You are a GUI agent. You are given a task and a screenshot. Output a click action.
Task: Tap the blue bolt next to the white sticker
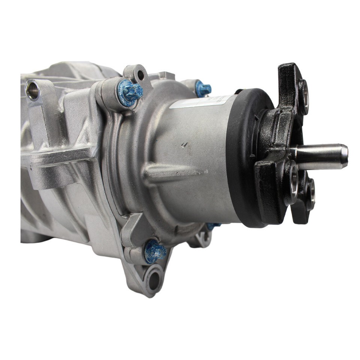(x=203, y=89)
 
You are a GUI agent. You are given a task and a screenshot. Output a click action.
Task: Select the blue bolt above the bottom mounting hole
(x=155, y=252)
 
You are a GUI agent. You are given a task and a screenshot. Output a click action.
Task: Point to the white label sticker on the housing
(x=202, y=101)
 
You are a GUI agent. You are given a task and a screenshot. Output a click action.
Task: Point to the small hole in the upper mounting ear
(x=141, y=75)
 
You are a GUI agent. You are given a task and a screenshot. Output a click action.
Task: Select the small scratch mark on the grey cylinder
(x=184, y=144)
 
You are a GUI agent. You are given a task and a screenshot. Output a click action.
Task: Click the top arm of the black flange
(x=291, y=82)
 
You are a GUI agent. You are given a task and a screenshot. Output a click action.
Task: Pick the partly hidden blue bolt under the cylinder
(x=213, y=226)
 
